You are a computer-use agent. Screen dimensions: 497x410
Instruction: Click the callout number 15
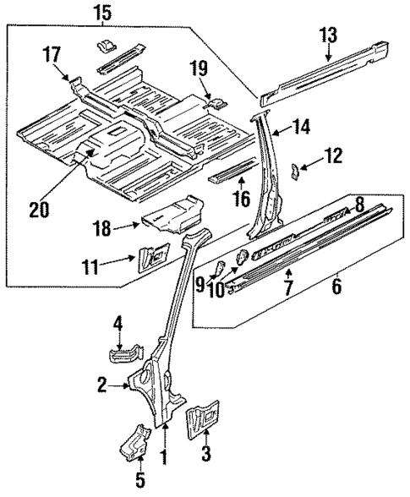(101, 13)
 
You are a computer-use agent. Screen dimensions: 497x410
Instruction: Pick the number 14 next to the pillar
(301, 127)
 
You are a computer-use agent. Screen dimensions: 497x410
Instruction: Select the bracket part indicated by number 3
(201, 418)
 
